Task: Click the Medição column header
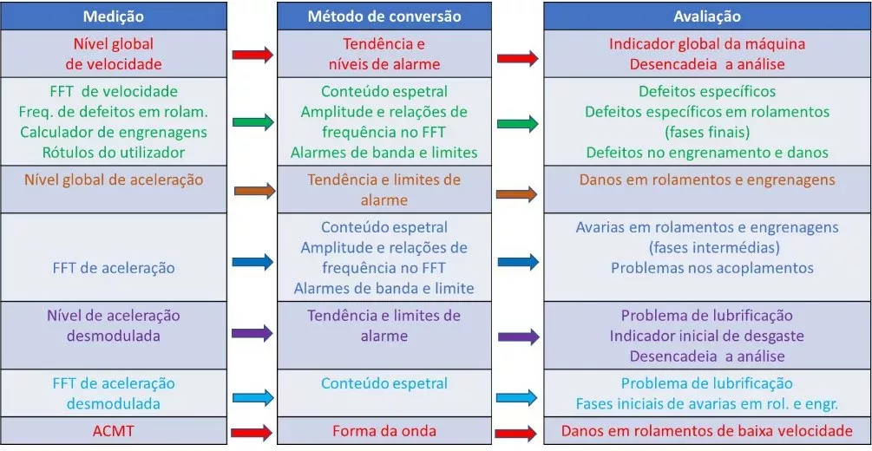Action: click(114, 16)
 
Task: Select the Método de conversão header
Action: click(384, 16)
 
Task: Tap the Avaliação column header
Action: click(707, 16)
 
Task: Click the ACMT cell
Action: click(114, 431)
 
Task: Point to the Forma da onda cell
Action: click(384, 431)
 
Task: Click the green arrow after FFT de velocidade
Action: click(253, 121)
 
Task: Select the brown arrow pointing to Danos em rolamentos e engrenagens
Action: click(516, 194)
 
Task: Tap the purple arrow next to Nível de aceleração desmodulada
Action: click(252, 334)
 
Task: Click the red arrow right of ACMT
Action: click(252, 432)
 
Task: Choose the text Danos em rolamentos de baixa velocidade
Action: click(707, 431)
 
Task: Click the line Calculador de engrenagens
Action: click(114, 133)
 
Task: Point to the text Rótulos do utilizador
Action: click(114, 152)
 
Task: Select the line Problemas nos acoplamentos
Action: click(712, 267)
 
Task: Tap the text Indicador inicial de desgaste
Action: click(707, 336)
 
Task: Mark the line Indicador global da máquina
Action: click(707, 44)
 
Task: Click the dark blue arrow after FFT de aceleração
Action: click(253, 261)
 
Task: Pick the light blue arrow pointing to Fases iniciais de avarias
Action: click(516, 397)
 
